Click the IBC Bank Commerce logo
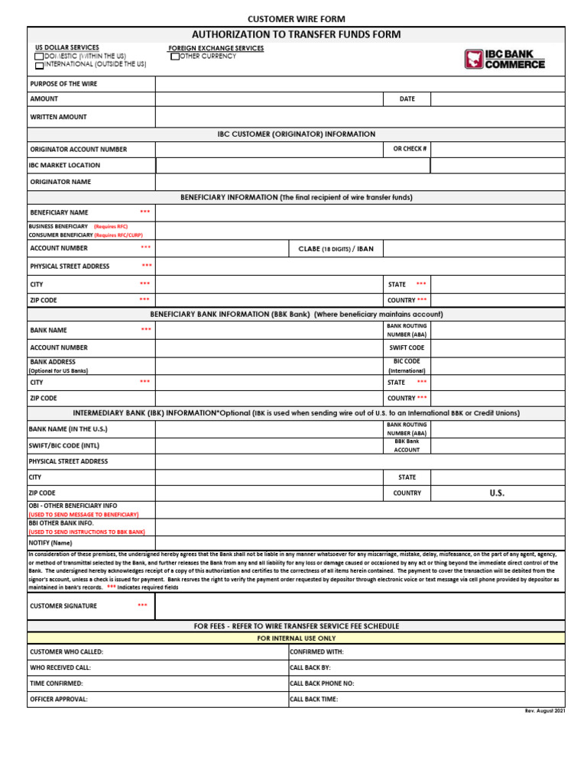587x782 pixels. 504,60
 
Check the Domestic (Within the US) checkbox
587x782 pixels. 39,57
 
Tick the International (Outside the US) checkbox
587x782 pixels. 39,66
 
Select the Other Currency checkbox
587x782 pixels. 175,57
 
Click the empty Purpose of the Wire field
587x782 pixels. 359,84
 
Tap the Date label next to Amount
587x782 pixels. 407,99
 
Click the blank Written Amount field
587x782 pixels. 359,117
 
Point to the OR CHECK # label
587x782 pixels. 410,149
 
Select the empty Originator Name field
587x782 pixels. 359,182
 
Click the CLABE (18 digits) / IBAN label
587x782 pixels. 336,249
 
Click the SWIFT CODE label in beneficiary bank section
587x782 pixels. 407,347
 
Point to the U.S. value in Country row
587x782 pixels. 497,493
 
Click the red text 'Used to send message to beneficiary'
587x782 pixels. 83,515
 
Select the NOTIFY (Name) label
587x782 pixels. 50,543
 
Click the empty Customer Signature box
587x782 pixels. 359,606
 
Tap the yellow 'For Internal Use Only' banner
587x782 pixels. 296,638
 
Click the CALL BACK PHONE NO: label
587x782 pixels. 322,683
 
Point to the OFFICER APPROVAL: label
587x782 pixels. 59,700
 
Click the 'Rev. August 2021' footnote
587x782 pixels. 544,711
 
